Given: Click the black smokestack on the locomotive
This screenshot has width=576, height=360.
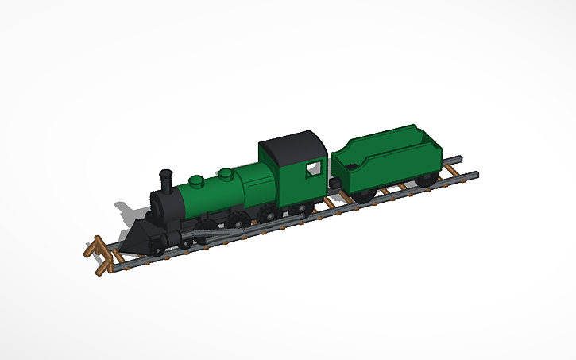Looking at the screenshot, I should point(167,182).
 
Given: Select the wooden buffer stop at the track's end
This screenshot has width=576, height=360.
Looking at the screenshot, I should point(97,251).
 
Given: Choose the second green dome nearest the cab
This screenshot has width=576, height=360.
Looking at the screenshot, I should point(226,172).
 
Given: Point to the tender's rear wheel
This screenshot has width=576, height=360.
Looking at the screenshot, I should point(426,180).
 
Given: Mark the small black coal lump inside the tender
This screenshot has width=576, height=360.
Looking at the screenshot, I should point(349,165).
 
